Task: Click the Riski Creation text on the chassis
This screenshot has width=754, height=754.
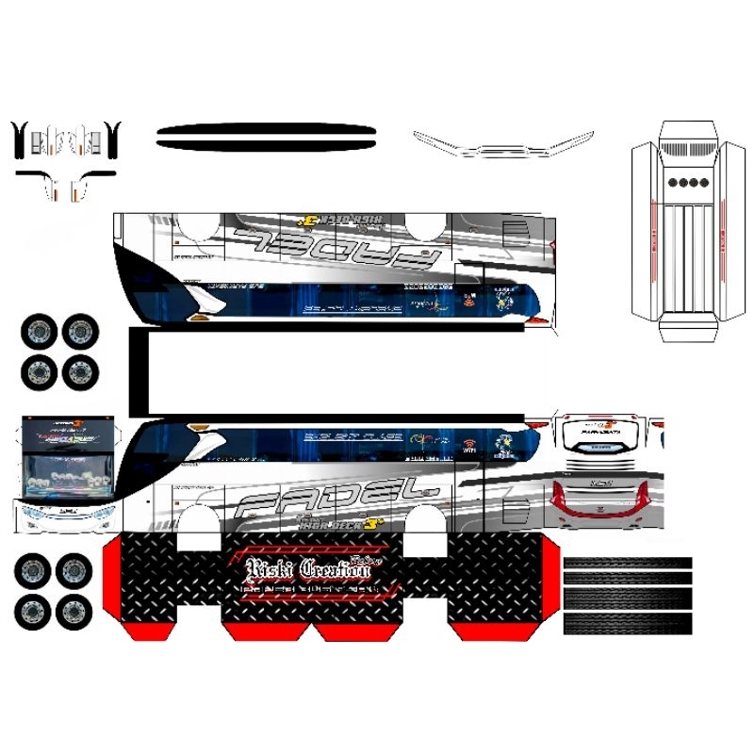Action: tap(305, 568)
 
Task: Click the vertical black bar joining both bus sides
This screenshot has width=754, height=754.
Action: tap(138, 372)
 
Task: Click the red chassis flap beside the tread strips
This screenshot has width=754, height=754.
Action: tap(543, 584)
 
